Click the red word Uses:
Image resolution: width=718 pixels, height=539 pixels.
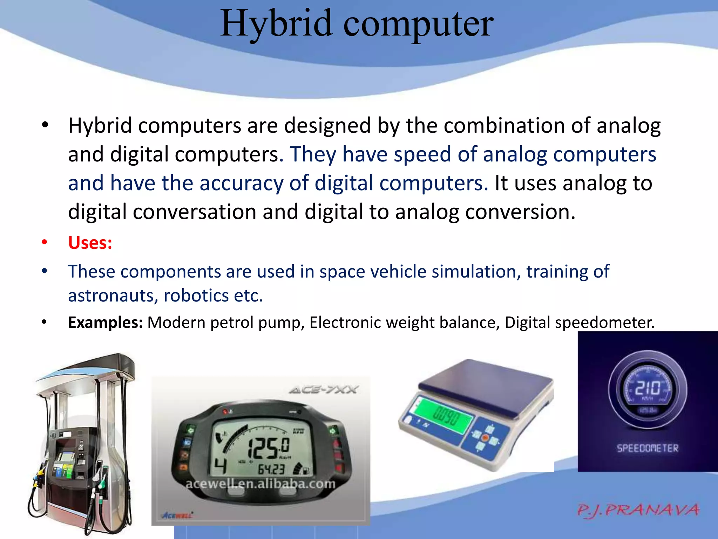(90, 243)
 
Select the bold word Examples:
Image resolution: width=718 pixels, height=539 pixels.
(105, 322)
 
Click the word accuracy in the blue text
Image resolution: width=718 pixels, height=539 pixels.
(242, 184)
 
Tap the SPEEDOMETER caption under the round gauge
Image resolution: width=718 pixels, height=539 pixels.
(648, 448)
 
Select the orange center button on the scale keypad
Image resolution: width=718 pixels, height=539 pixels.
(485, 438)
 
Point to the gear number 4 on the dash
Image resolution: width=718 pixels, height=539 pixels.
(221, 466)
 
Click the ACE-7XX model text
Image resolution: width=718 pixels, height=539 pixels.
(323, 390)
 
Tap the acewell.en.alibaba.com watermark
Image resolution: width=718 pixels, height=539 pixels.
(260, 484)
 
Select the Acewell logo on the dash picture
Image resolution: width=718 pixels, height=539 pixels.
(177, 515)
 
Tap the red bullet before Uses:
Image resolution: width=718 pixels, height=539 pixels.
(44, 242)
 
